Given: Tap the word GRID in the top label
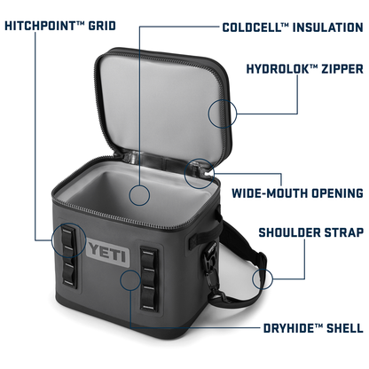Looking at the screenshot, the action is (102, 26).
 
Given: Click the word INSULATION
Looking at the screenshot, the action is (327, 27).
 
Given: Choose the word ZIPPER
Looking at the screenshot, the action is (342, 69).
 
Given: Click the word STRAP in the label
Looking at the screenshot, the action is (344, 232).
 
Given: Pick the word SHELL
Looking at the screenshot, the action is (344, 328).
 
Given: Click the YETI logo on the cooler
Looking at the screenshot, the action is (108, 253).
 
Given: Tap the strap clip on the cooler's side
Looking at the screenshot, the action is (210, 256).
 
